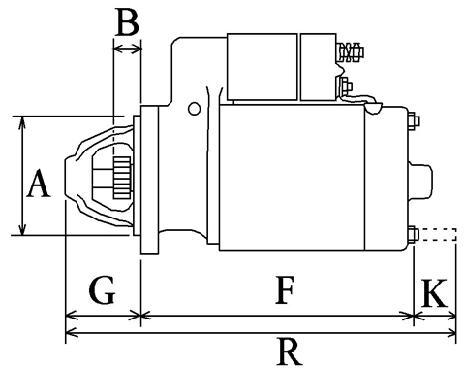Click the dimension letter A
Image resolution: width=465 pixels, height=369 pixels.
39,184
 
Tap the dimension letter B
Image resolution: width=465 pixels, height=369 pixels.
128,22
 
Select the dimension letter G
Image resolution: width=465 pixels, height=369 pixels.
102,290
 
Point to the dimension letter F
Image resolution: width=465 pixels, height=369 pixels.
285,290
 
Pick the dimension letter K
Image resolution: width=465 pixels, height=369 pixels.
435,293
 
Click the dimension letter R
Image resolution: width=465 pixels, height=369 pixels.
290,352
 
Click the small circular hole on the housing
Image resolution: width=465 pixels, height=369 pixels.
194,109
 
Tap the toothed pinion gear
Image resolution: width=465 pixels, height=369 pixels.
122,178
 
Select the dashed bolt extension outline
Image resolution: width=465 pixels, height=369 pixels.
438,234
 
